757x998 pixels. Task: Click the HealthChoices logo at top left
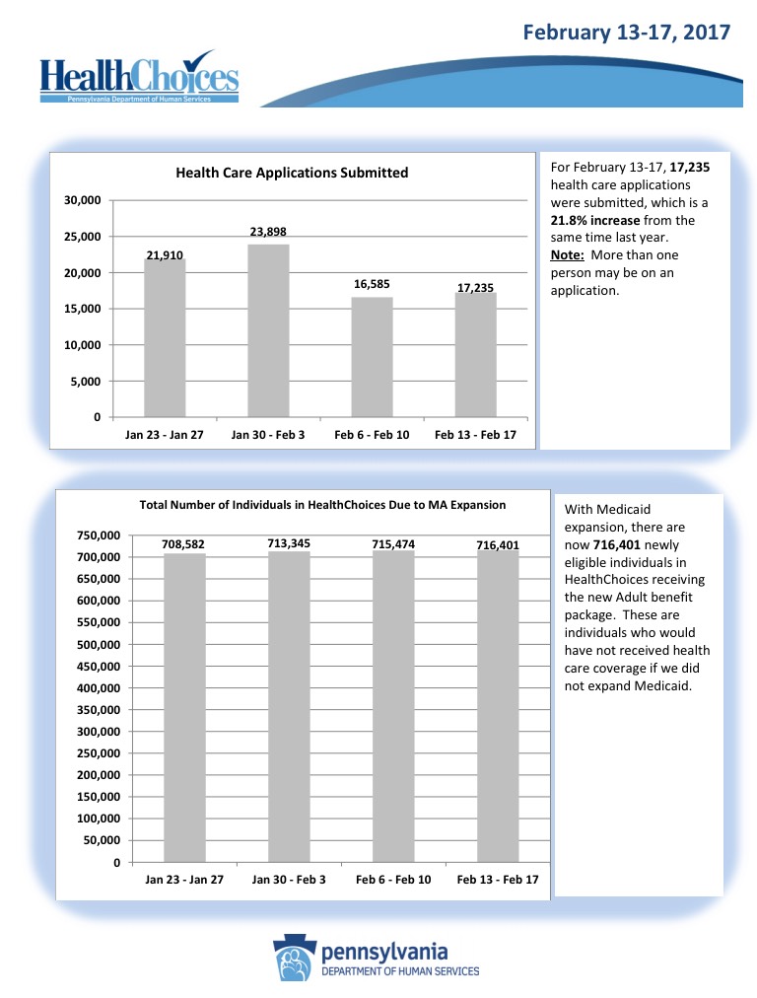tap(139, 76)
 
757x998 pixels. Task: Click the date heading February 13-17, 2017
tap(626, 33)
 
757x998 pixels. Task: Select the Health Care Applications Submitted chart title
tap(292, 173)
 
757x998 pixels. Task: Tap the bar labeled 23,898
tap(268, 330)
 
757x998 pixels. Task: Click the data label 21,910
tap(165, 255)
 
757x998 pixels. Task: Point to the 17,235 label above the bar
tap(475, 287)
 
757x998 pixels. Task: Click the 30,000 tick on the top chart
tap(83, 200)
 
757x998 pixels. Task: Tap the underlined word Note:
tap(567, 255)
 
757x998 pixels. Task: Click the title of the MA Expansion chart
tap(323, 505)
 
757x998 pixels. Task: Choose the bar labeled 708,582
tap(184, 707)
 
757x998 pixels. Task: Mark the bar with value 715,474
tap(393, 706)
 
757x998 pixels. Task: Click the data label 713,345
tap(289, 542)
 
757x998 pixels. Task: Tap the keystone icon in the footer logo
tap(295, 958)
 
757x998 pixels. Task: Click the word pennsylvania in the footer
tap(385, 953)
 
